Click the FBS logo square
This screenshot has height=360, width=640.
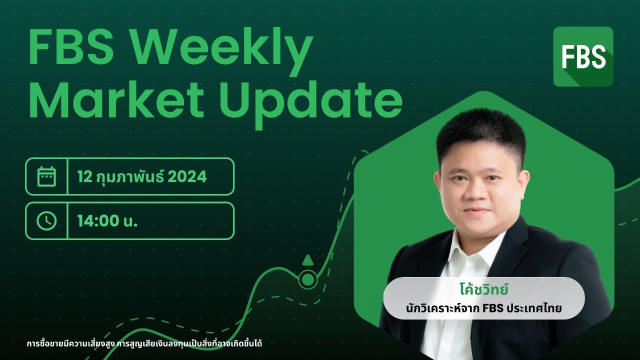click(x=583, y=56)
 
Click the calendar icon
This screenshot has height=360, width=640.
click(x=46, y=176)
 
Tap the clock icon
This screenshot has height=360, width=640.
click(x=46, y=220)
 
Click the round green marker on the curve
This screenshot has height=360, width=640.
click(x=308, y=278)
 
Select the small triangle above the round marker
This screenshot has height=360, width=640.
click(x=308, y=259)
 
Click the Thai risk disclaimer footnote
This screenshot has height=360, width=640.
click(x=144, y=344)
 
